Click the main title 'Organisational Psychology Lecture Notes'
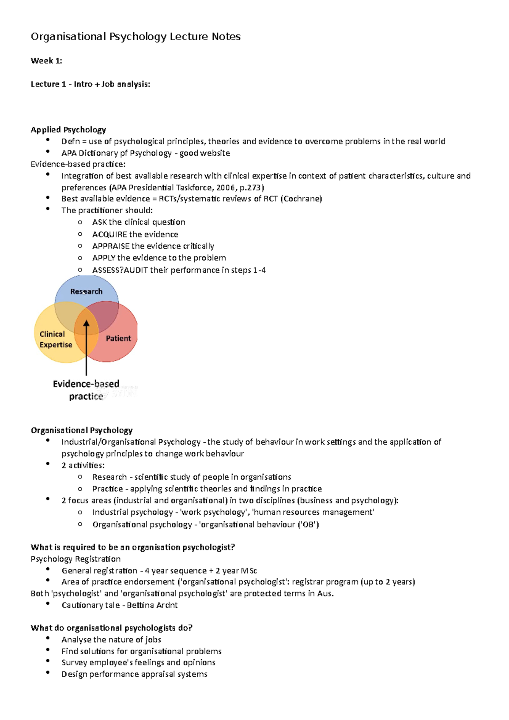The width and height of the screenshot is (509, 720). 136,37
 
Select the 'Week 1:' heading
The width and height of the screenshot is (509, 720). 46,61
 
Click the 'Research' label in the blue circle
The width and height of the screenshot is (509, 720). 86,291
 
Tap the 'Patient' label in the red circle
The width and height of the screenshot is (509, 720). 118,338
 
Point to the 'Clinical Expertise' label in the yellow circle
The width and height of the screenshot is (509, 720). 56,339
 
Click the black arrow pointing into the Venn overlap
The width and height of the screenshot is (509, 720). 86,348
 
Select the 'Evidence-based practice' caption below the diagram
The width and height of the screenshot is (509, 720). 86,390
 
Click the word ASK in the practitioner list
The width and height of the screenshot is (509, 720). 99,222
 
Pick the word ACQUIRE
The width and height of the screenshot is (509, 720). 109,234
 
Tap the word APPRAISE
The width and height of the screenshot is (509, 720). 111,246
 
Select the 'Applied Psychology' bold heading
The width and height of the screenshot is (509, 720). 68,130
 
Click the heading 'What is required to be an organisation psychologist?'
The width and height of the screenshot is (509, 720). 133,547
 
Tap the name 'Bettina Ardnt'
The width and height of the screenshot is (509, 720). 152,605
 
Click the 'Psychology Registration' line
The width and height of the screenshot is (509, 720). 76,559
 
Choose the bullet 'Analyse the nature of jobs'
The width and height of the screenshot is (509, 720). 111,639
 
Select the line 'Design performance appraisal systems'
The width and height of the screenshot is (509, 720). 134,674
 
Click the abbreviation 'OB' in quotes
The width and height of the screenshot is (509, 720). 308,525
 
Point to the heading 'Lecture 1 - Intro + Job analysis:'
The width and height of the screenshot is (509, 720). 90,84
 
